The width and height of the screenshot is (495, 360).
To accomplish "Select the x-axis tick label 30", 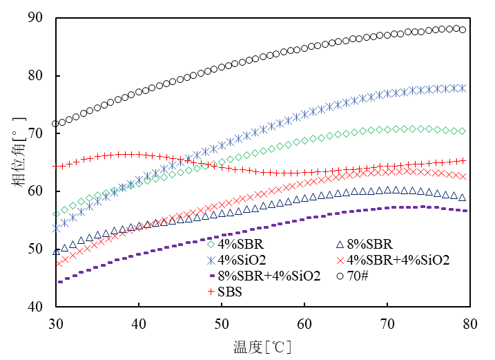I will click(x=56, y=322).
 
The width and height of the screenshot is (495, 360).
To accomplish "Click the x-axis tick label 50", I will click(x=221, y=322).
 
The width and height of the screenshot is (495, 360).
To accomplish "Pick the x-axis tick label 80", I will click(x=469, y=322).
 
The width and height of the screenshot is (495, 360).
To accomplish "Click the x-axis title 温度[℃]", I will click(x=262, y=343).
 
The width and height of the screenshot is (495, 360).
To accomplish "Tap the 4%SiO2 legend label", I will click(x=242, y=260).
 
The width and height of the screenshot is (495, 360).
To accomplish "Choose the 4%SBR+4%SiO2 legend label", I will click(x=398, y=260).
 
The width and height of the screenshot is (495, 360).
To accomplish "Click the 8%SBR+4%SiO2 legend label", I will click(x=269, y=276).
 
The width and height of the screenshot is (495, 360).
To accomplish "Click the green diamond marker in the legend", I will click(x=211, y=243).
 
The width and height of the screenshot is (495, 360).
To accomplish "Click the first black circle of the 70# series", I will click(x=56, y=124).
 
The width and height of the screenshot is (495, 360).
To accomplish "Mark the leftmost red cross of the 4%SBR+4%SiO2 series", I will click(x=59, y=263).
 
